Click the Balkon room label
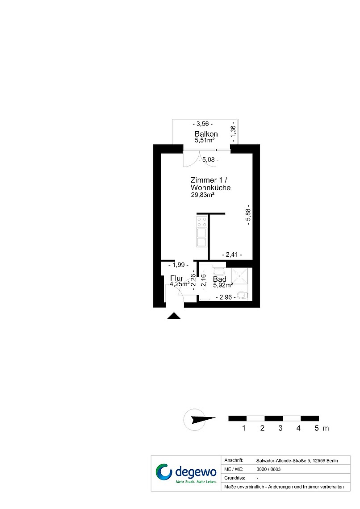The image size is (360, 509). (x=206, y=134)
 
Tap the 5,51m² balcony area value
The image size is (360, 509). (x=205, y=141)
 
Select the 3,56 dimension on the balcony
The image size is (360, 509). (x=203, y=124)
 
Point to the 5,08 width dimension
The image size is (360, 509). (x=208, y=160)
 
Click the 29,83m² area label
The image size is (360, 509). (x=203, y=195)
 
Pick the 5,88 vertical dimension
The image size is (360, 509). (x=248, y=214)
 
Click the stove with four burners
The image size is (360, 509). (x=202, y=222)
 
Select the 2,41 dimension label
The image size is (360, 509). (x=232, y=255)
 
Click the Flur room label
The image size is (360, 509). (x=176, y=278)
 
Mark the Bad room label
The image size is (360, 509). (x=220, y=279)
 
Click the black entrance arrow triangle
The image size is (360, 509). (x=174, y=316)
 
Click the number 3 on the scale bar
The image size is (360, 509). (x=280, y=428)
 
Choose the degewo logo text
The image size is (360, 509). (x=196, y=471)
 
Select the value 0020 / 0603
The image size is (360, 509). (x=268, y=469)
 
